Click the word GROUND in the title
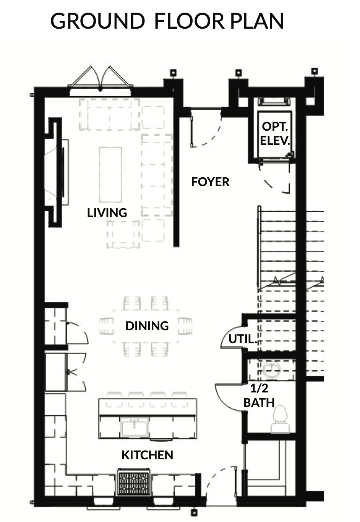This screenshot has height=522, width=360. point(97,21)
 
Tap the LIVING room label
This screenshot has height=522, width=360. point(107,213)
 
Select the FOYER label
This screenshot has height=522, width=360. point(210,182)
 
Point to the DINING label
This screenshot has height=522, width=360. point(147,326)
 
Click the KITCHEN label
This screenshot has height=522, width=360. point(147,455)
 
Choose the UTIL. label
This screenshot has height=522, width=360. point(243,339)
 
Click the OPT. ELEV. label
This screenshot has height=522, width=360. point(275,133)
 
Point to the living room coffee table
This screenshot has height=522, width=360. point(110,175)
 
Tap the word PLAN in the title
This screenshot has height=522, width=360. point(257,21)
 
